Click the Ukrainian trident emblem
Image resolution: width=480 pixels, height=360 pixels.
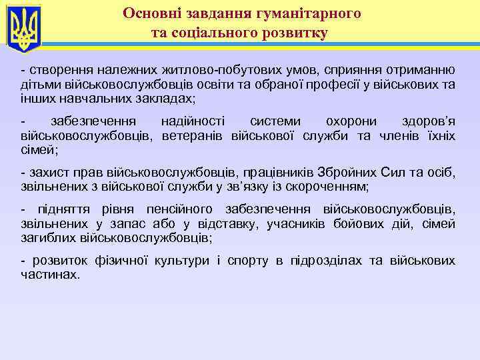pyautogui.click(x=24, y=28)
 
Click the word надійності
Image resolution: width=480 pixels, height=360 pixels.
pyautogui.click(x=193, y=122)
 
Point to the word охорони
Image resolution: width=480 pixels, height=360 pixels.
pyautogui.click(x=350, y=122)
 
